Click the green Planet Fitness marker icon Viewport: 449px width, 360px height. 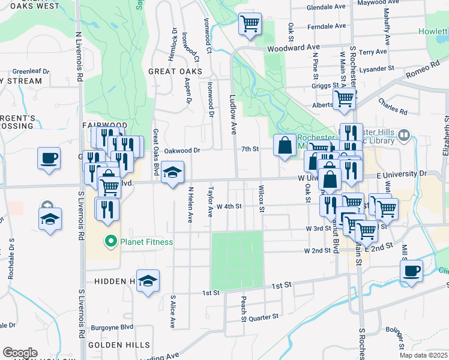(110, 242)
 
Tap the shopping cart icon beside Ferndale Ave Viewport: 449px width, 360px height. (250, 24)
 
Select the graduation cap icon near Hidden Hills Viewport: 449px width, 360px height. (148, 281)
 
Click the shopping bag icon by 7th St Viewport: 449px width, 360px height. (284, 145)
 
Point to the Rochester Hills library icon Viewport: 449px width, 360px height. (403, 136)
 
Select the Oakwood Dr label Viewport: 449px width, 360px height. (182, 151)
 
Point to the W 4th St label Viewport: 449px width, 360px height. (229, 206)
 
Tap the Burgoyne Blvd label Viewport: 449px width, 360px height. (112, 328)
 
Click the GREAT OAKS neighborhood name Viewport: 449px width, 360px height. (175, 71)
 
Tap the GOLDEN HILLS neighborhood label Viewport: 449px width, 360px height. (114, 345)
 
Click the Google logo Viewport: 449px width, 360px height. (20, 353)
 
